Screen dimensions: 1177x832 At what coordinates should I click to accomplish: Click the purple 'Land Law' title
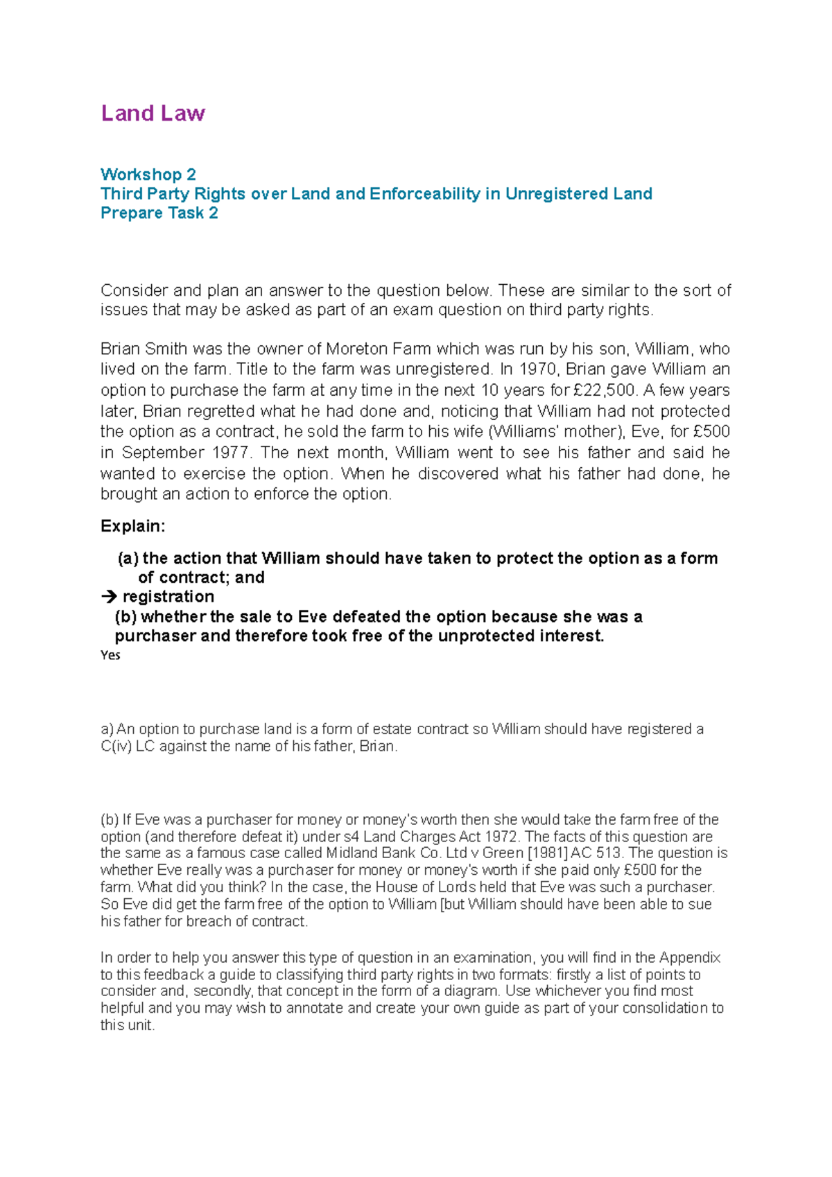tap(153, 113)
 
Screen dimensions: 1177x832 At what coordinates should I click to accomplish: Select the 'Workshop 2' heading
tap(148, 174)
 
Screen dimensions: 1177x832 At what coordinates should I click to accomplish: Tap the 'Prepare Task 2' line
tap(159, 213)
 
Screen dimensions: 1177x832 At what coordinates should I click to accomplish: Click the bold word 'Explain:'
tap(133, 526)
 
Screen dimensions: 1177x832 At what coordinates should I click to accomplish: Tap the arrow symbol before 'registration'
tap(109, 597)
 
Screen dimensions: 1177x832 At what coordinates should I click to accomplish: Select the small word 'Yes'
tap(110, 655)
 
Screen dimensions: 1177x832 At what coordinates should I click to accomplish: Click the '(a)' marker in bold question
tap(128, 558)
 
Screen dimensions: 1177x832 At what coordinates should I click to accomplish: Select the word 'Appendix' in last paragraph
tap(690, 957)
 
